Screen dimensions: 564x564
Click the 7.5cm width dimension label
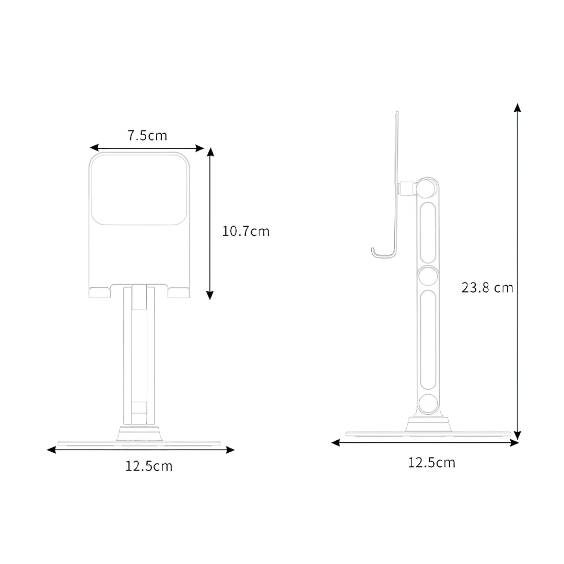(147, 136)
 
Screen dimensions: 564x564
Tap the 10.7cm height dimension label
(246, 231)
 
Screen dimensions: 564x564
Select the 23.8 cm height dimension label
(487, 287)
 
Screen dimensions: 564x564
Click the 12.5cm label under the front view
(148, 466)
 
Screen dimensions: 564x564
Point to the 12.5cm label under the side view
(431, 462)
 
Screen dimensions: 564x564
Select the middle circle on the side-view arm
(428, 276)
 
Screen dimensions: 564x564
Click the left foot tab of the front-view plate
(100, 292)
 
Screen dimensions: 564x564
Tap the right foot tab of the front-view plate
(179, 292)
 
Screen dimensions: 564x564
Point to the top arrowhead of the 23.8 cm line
(517, 108)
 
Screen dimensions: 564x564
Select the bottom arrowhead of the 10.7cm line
(210, 295)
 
